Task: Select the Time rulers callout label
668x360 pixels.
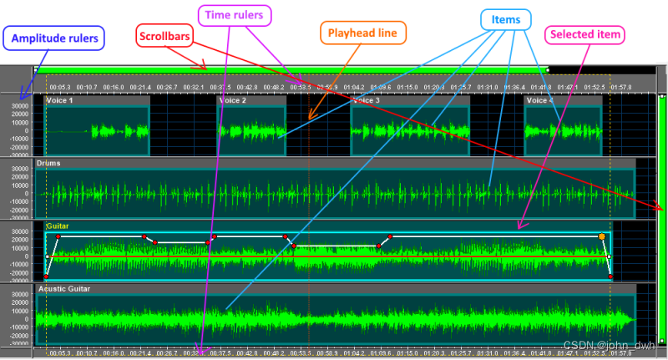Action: coord(235,14)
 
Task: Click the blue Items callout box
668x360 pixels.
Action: coord(506,19)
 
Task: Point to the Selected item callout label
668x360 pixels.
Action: coord(584,34)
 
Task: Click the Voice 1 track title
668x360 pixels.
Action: coord(60,100)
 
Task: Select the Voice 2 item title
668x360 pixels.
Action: coord(232,100)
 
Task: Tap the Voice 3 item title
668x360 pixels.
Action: coord(367,100)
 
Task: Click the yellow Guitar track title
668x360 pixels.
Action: coord(58,226)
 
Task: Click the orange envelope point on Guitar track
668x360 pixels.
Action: coord(601,237)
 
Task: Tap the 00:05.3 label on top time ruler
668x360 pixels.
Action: coord(60,86)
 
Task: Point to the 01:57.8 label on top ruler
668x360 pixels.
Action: coord(621,86)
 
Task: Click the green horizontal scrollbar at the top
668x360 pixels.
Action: coord(292,70)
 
